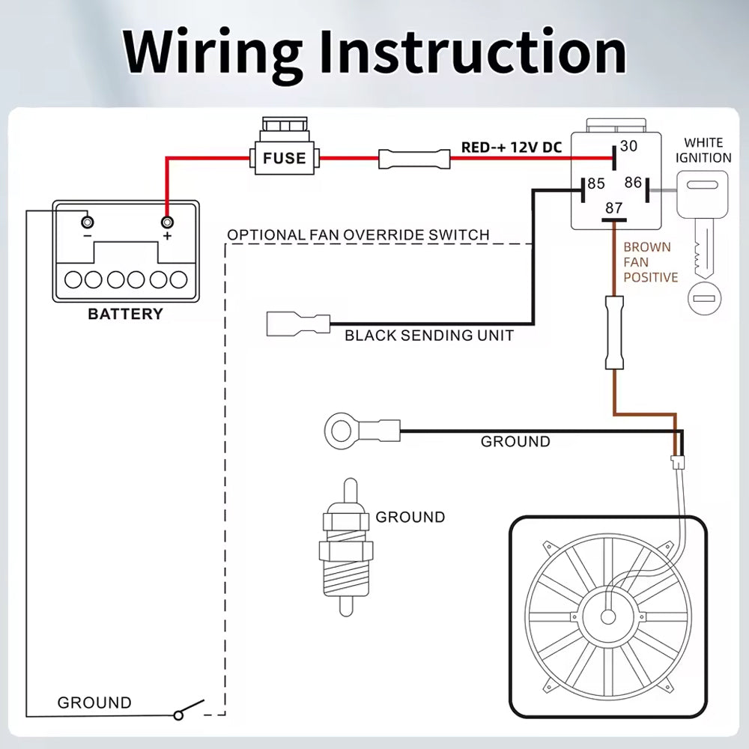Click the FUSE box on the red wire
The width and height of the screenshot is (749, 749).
point(284,157)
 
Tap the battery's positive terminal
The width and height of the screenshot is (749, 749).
point(167,222)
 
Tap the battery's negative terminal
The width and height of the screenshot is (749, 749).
point(88,222)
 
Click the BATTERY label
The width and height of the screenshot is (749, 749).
point(125,314)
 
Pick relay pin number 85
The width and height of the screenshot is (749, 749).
point(596,184)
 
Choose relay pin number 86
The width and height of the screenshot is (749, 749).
point(633,182)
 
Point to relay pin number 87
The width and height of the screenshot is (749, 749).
point(614,208)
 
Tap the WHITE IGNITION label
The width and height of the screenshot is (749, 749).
point(703,150)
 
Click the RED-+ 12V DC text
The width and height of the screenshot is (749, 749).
point(511,148)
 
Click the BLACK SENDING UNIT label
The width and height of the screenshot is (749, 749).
point(429,336)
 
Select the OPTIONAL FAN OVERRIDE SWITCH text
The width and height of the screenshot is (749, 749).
point(358,235)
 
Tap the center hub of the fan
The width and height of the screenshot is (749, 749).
point(607,616)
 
